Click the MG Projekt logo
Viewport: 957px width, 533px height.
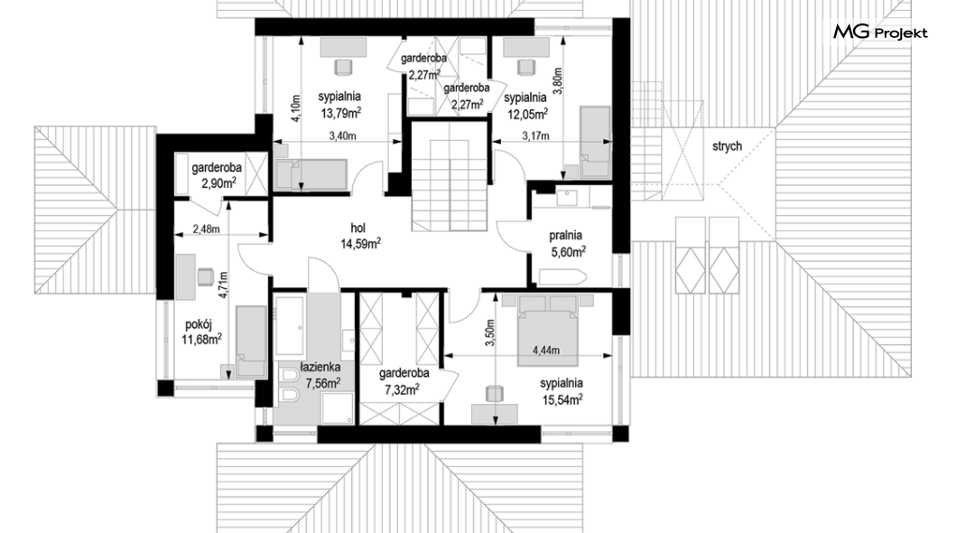click(880, 32)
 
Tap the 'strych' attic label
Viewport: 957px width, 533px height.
click(727, 146)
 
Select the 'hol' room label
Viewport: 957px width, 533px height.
click(358, 228)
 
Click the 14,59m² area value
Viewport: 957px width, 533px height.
click(361, 244)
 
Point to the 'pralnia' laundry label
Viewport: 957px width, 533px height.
click(566, 235)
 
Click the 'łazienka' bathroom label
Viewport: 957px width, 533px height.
click(321, 367)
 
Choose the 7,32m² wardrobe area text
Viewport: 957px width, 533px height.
click(402, 389)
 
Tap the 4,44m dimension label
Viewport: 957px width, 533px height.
click(546, 351)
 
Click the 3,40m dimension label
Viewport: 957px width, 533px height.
click(342, 136)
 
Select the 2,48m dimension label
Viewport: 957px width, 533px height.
click(206, 229)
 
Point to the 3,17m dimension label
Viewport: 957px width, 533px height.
click(534, 136)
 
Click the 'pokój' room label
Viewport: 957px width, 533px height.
click(199, 324)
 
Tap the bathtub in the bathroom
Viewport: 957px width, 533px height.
click(290, 325)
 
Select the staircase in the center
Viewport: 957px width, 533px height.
click(450, 176)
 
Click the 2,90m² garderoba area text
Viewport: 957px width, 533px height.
click(218, 182)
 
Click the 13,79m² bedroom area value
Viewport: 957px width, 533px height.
click(341, 112)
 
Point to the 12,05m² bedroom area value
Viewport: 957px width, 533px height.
click(527, 112)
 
